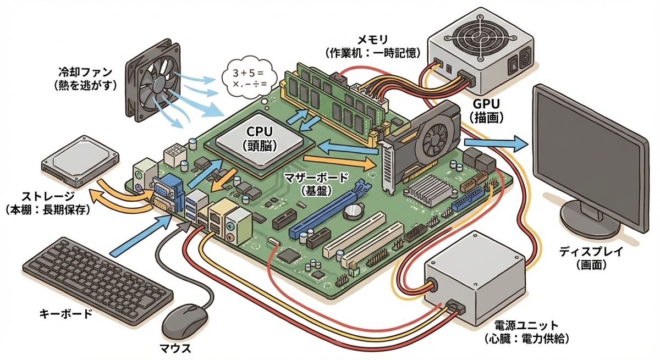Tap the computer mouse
click(185, 322)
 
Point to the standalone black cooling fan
click(153, 80)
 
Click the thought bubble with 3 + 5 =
click(249, 77)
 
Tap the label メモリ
click(372, 39)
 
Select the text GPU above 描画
click(486, 104)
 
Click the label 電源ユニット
click(526, 325)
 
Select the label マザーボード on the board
click(316, 178)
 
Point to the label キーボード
click(65, 314)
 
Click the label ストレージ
click(48, 196)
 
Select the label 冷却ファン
click(85, 72)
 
